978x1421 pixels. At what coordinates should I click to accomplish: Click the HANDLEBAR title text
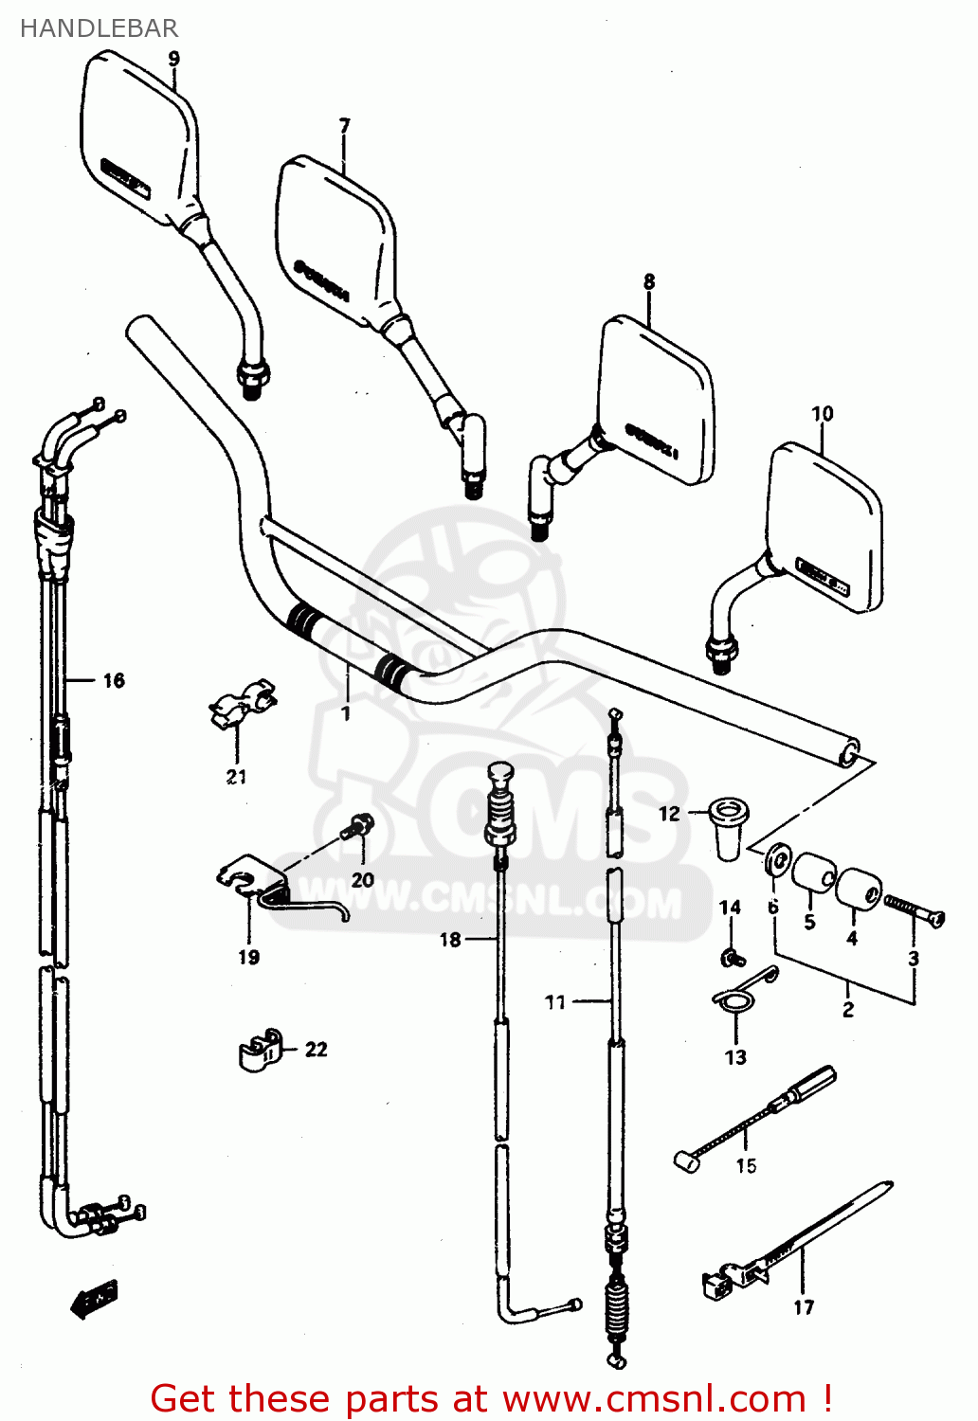pyautogui.click(x=99, y=28)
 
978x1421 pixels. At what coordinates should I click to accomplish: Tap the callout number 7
pyautogui.click(x=345, y=125)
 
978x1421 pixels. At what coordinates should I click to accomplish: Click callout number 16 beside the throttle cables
pyautogui.click(x=114, y=680)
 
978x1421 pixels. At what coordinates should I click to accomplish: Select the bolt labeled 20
pyautogui.click(x=360, y=826)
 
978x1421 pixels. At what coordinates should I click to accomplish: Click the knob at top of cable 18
pyautogui.click(x=500, y=775)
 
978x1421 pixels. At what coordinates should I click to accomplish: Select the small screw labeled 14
pyautogui.click(x=731, y=958)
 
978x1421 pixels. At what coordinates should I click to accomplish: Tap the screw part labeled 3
pyautogui.click(x=914, y=911)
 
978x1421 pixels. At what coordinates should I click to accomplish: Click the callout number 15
pyautogui.click(x=747, y=1166)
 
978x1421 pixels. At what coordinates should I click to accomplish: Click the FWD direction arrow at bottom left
pyautogui.click(x=95, y=1298)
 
